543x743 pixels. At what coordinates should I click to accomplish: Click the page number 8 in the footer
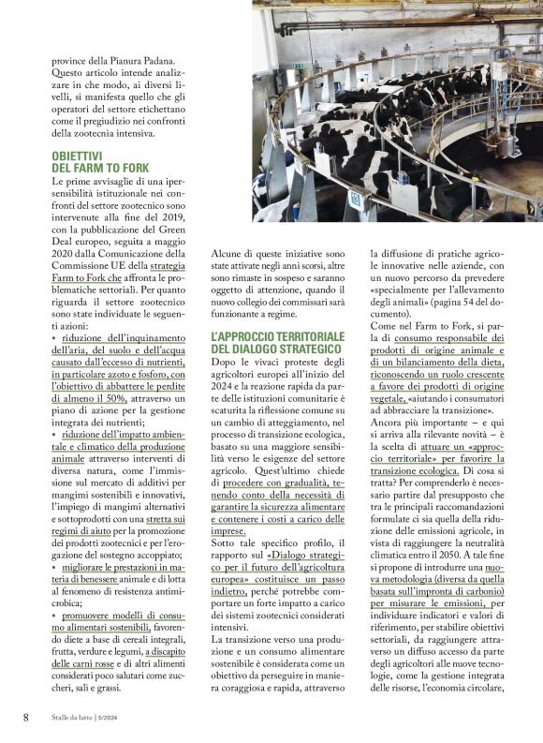(x=25, y=717)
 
